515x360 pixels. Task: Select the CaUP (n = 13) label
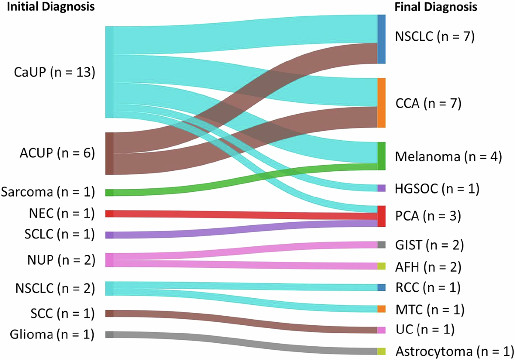[x=52, y=73]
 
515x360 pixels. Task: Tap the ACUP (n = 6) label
[x=52, y=153]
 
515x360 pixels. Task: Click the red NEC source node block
[x=109, y=214]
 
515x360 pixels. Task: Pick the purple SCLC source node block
[x=109, y=235]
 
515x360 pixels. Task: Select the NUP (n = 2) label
[x=52, y=260]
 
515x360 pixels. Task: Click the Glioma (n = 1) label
[x=47, y=334]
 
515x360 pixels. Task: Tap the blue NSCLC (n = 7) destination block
[x=382, y=39]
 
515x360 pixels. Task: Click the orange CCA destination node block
[x=382, y=103]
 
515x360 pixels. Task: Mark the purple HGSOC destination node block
[x=382, y=188]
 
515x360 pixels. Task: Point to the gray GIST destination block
[x=382, y=245]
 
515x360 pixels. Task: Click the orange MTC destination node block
[x=382, y=309]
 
